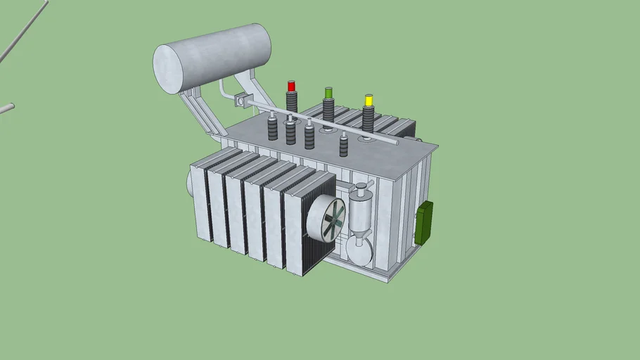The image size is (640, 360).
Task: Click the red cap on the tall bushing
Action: click(291, 86)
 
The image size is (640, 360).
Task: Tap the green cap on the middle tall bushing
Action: click(328, 93)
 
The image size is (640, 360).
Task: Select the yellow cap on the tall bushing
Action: click(368, 100)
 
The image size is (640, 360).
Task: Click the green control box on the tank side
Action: click(423, 222)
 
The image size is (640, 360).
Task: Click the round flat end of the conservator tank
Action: click(168, 69)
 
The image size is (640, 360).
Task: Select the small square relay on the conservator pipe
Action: click(242, 101)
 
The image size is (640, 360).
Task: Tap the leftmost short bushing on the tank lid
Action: click(273, 128)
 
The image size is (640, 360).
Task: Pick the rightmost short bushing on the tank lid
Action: click(344, 145)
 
